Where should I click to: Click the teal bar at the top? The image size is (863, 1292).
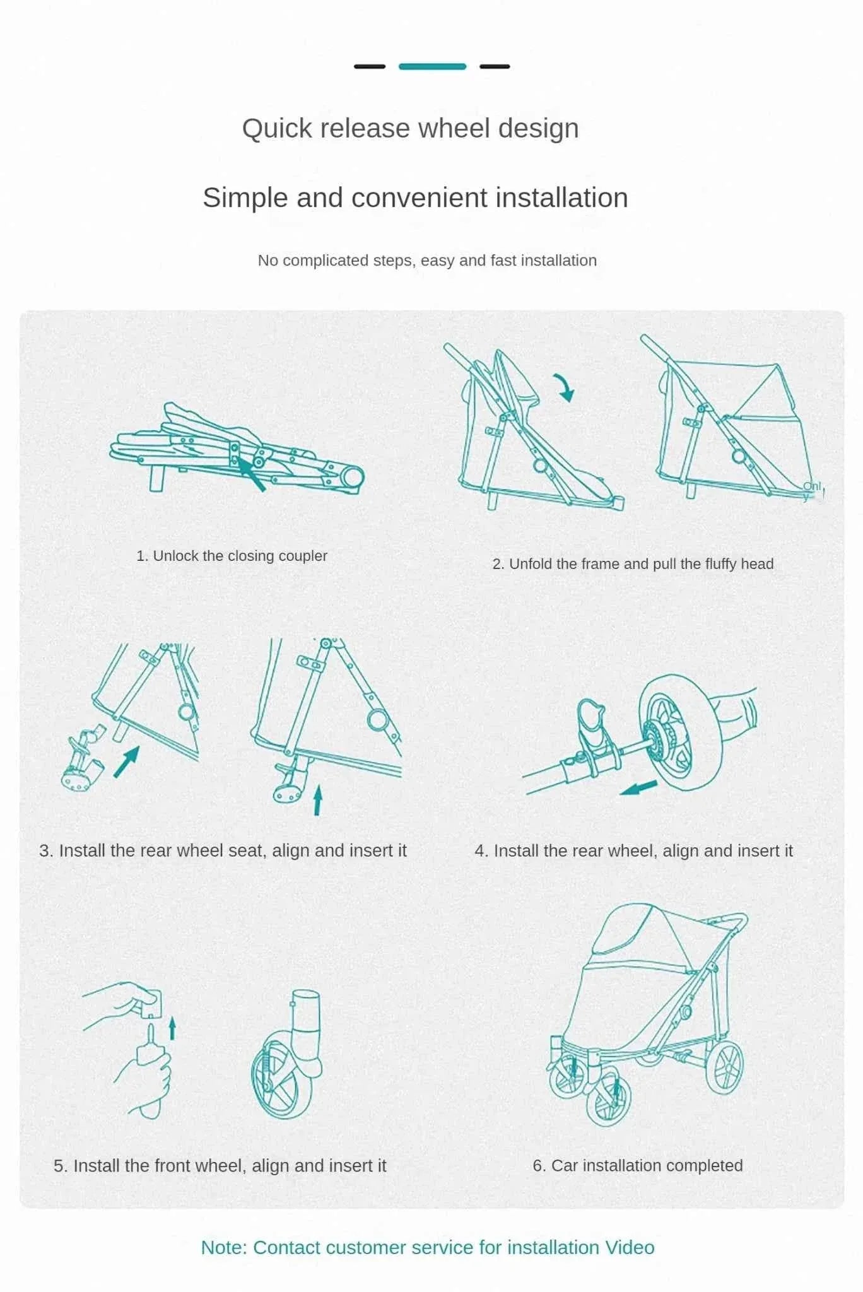tap(432, 66)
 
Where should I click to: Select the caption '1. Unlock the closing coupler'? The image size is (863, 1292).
tap(232, 556)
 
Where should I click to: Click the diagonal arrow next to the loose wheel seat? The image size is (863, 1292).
tap(127, 761)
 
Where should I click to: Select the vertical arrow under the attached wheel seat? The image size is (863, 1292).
tap(317, 800)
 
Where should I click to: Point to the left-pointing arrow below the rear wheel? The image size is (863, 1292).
tap(638, 788)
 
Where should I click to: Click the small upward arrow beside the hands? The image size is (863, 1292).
tap(172, 1028)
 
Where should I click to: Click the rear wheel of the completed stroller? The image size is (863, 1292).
tap(724, 1067)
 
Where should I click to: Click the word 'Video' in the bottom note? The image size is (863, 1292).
tap(630, 1247)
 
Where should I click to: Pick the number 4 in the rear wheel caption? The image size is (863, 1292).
tap(480, 851)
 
